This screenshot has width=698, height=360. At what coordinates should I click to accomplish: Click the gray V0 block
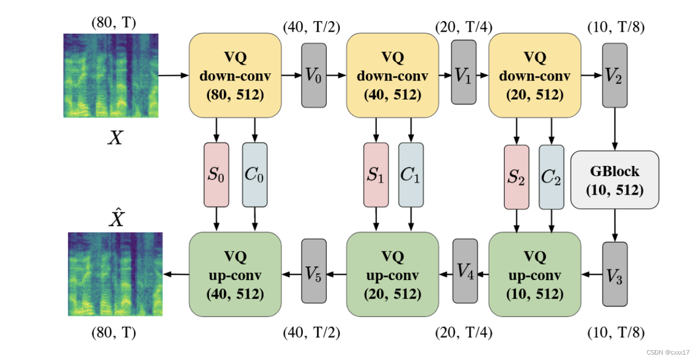[314, 75]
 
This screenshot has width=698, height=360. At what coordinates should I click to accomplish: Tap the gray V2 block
[615, 75]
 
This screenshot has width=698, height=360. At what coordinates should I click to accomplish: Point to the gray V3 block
[615, 274]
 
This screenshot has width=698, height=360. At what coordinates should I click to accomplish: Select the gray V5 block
[314, 271]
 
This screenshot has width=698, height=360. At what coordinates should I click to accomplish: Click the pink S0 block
[216, 175]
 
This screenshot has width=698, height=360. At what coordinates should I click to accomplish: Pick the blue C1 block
[411, 175]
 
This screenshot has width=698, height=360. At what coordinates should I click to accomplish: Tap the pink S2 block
[516, 177]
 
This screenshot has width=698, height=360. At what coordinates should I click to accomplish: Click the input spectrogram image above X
[111, 75]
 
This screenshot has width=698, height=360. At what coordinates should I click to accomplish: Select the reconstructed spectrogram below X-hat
[115, 274]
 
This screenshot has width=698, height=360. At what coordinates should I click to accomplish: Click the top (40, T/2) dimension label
[311, 27]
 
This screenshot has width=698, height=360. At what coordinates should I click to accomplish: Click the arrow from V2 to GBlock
[615, 129]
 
